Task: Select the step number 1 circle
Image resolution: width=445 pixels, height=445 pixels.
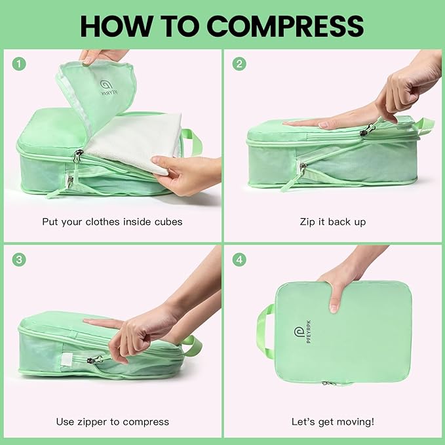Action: tap(20, 64)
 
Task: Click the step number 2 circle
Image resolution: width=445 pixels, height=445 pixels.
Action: tap(240, 64)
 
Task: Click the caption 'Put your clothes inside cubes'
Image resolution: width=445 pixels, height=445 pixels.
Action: tap(112, 222)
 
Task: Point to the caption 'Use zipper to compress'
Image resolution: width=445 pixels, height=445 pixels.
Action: tap(112, 421)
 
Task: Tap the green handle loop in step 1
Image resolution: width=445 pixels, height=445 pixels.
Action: tap(191, 140)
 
